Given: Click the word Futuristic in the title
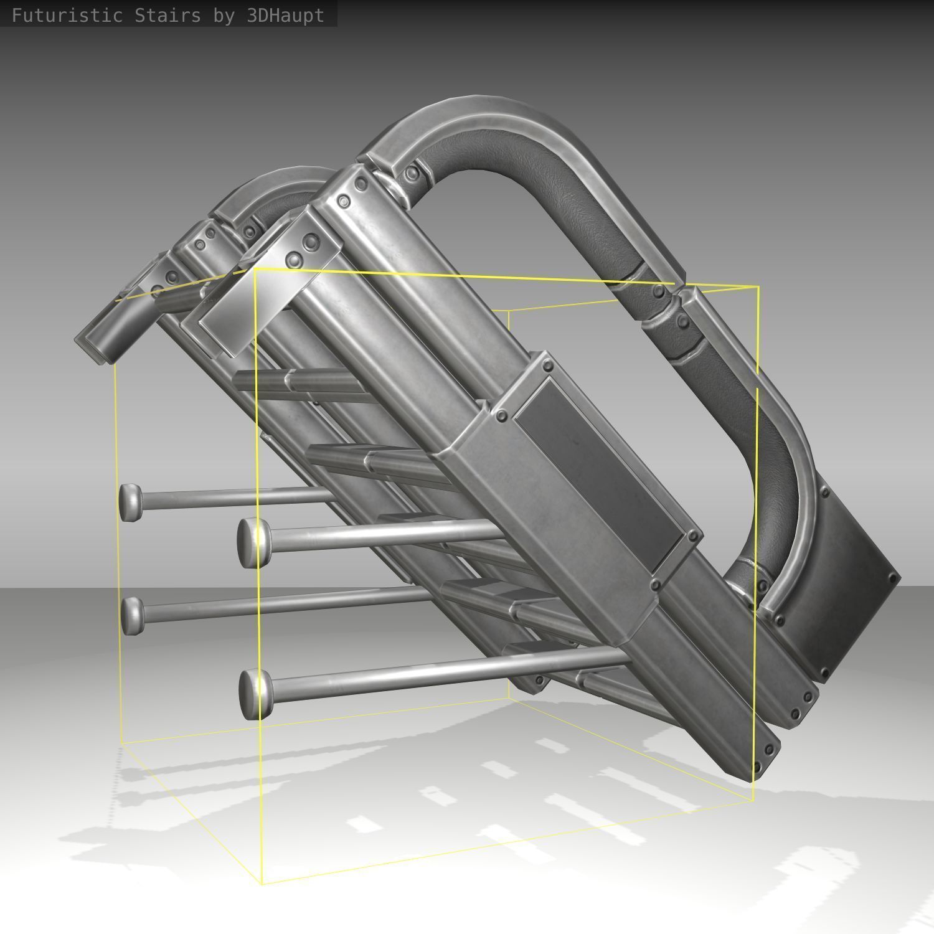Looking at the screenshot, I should click(67, 15).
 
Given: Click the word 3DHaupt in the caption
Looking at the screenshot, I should click(285, 15).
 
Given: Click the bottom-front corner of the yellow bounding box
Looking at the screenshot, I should click(262, 882).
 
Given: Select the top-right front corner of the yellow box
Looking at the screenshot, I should click(758, 286).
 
